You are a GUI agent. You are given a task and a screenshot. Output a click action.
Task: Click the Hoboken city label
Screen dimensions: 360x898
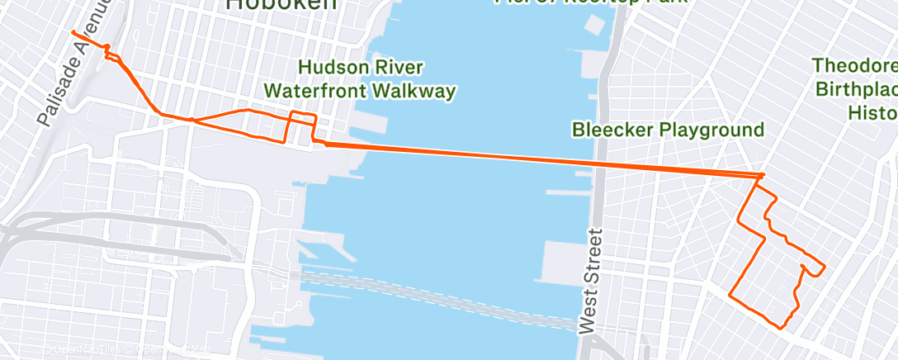coord(281,4)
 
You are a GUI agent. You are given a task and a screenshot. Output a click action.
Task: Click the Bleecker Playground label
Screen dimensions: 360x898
coord(668,130)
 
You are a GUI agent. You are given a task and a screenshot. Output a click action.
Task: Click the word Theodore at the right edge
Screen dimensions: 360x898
coord(854,65)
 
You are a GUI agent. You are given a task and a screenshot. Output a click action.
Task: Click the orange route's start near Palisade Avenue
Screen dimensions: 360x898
coord(74,33)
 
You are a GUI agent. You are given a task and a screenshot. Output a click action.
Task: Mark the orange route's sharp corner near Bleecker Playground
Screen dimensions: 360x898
coord(763,175)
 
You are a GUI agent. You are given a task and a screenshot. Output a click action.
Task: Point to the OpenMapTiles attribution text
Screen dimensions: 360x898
coord(83,350)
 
